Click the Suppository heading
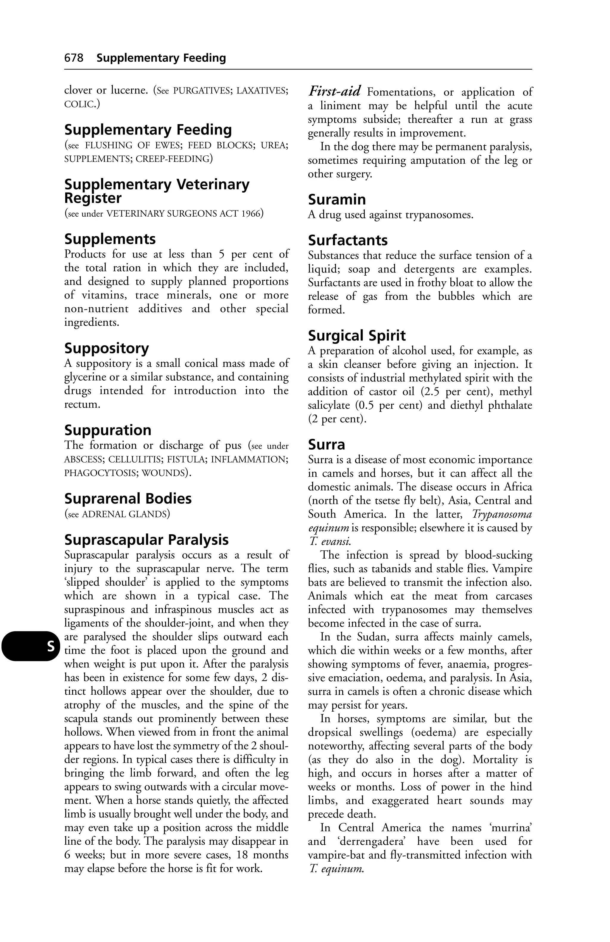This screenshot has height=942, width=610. tap(107, 348)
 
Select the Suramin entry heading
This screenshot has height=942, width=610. tap(337, 199)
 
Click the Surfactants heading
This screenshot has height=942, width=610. tap(348, 240)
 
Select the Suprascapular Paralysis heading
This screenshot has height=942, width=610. tap(147, 540)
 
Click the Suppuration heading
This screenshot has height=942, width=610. tap(108, 430)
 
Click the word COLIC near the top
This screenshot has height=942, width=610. tap(79, 104)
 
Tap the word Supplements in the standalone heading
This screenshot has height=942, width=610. tap(110, 239)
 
